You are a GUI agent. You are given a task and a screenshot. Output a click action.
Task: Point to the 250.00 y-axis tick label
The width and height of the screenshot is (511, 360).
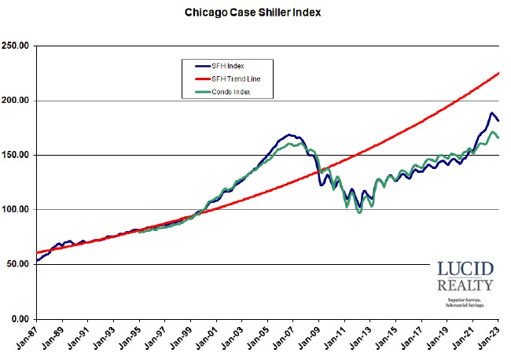click(16, 46)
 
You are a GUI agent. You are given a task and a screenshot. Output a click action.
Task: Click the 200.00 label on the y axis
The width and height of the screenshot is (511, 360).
click(16, 101)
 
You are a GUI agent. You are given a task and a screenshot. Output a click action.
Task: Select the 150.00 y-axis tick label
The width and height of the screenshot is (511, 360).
click(16, 156)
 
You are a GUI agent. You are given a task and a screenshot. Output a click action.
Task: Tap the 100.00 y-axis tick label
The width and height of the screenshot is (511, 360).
click(16, 210)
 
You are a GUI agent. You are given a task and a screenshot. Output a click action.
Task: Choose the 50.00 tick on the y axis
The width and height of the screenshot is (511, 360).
click(18, 264)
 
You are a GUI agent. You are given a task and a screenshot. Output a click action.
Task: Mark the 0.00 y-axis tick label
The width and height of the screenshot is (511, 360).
click(20, 319)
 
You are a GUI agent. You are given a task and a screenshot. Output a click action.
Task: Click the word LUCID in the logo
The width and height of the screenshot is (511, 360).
click(465, 269)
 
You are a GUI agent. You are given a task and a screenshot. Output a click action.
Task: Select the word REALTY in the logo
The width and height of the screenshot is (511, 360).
click(465, 285)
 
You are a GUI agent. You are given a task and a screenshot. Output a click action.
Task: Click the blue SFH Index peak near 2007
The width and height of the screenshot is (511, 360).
click(289, 135)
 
